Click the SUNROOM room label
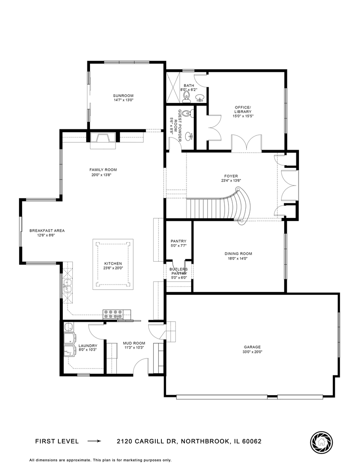[x=123, y=96]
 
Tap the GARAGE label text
[x=252, y=347]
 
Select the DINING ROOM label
[x=238, y=254]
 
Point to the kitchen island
[x=113, y=264]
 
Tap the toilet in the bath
[x=186, y=96]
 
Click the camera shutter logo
[x=321, y=441]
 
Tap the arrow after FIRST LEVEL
[x=94, y=441]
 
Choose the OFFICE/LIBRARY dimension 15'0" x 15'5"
[x=243, y=116]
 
